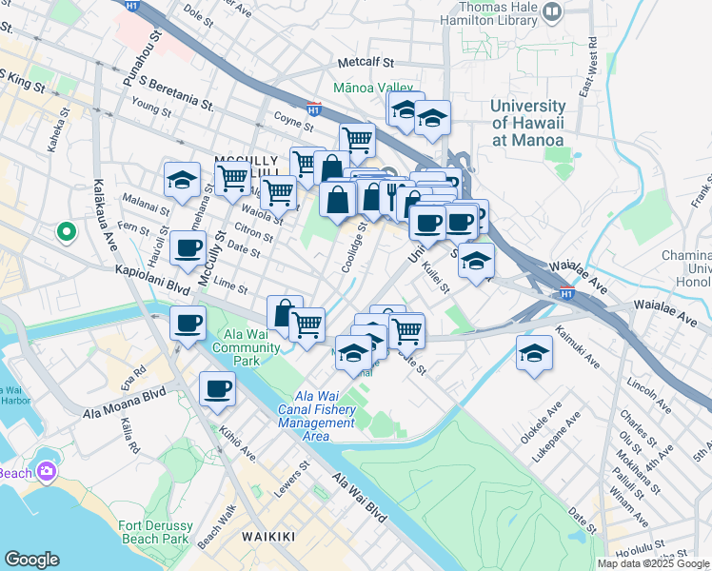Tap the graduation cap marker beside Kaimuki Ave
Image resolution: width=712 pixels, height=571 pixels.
535,352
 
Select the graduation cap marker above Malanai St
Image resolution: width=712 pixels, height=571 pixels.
182,180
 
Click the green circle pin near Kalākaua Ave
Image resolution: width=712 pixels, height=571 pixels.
66,230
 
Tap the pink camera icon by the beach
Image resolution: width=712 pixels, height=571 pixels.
46,471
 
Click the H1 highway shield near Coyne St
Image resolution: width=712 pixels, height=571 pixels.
314,110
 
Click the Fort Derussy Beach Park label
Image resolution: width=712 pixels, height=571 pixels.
155,532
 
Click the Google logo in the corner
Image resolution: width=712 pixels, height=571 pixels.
31,560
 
